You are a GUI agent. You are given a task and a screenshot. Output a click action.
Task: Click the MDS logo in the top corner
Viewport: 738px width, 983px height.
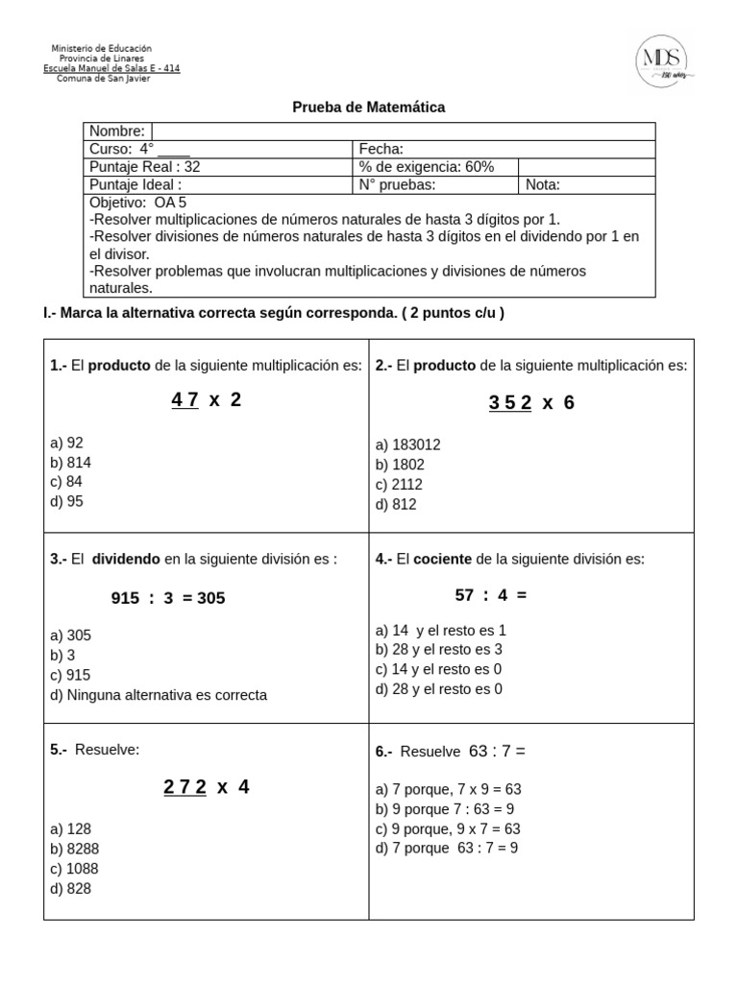pos(665,60)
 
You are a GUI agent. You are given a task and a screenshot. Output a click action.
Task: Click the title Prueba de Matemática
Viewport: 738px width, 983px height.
pos(368,108)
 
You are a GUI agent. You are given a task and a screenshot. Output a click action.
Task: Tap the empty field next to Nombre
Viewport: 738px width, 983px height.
pos(403,132)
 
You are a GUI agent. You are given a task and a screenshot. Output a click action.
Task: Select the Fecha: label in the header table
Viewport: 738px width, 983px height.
pos(381,149)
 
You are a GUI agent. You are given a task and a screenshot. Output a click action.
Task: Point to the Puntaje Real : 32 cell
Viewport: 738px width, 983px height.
pos(145,166)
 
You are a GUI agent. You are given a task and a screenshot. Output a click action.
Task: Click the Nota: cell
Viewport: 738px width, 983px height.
pos(543,184)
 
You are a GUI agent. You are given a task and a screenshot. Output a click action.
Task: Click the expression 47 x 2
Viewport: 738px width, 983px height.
pos(206,400)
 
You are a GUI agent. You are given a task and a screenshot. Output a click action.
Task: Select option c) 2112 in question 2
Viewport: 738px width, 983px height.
pos(399,485)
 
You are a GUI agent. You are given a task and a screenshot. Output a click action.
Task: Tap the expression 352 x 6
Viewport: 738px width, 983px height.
pos(531,403)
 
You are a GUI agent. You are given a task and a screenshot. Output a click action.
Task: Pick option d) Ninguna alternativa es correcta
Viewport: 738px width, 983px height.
pos(159,695)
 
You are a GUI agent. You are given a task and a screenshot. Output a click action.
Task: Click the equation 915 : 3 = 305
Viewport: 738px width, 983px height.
pos(168,598)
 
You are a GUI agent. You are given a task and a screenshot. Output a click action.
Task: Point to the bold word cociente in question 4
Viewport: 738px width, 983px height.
pos(443,559)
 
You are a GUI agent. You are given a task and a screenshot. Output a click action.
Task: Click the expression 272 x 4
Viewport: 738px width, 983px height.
pos(206,787)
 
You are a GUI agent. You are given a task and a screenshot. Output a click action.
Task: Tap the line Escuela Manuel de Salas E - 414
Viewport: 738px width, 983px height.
pos(111,68)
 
